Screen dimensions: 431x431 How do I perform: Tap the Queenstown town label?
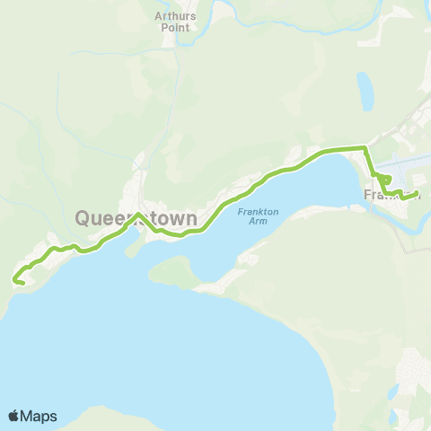136,218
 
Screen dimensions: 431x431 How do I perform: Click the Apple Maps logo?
32,416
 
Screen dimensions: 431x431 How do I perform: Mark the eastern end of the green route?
418,193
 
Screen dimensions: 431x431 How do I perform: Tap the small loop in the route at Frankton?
382,180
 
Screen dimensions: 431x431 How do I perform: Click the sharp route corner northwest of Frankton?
364,147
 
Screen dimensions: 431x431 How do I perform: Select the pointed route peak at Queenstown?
136,215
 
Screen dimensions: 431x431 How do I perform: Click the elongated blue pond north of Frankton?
365,91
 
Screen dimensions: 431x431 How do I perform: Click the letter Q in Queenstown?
83,218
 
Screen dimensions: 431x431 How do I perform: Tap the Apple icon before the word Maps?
13,416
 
